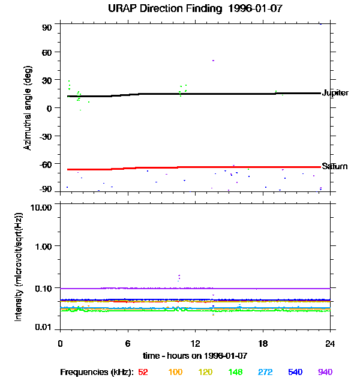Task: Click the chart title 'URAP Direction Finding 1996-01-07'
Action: point(195,9)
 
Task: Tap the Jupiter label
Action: point(335,93)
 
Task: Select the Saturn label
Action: point(334,166)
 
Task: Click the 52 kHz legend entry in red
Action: point(143,372)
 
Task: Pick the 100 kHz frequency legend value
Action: point(175,372)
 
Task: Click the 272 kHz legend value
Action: point(265,372)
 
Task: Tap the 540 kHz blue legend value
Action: point(295,372)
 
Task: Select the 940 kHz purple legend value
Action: point(325,372)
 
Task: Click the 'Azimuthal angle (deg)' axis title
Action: point(28,107)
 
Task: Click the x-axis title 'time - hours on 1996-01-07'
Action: point(195,355)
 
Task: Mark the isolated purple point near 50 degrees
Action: point(212,61)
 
